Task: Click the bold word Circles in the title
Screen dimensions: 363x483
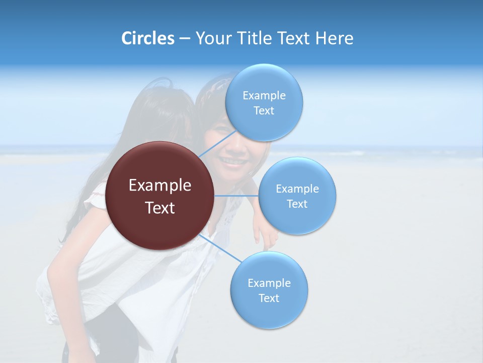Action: click(x=148, y=38)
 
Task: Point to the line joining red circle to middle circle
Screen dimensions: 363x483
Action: click(x=236, y=195)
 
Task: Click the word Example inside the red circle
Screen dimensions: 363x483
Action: click(x=160, y=186)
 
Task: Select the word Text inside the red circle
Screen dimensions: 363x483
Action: click(x=160, y=208)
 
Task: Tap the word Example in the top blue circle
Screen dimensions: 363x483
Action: click(x=264, y=95)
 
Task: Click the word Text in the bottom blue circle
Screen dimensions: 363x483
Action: click(x=269, y=298)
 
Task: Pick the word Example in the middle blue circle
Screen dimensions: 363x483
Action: click(x=297, y=189)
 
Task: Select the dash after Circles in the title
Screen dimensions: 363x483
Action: click(x=185, y=39)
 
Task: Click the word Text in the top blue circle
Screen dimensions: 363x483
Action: click(x=264, y=111)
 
